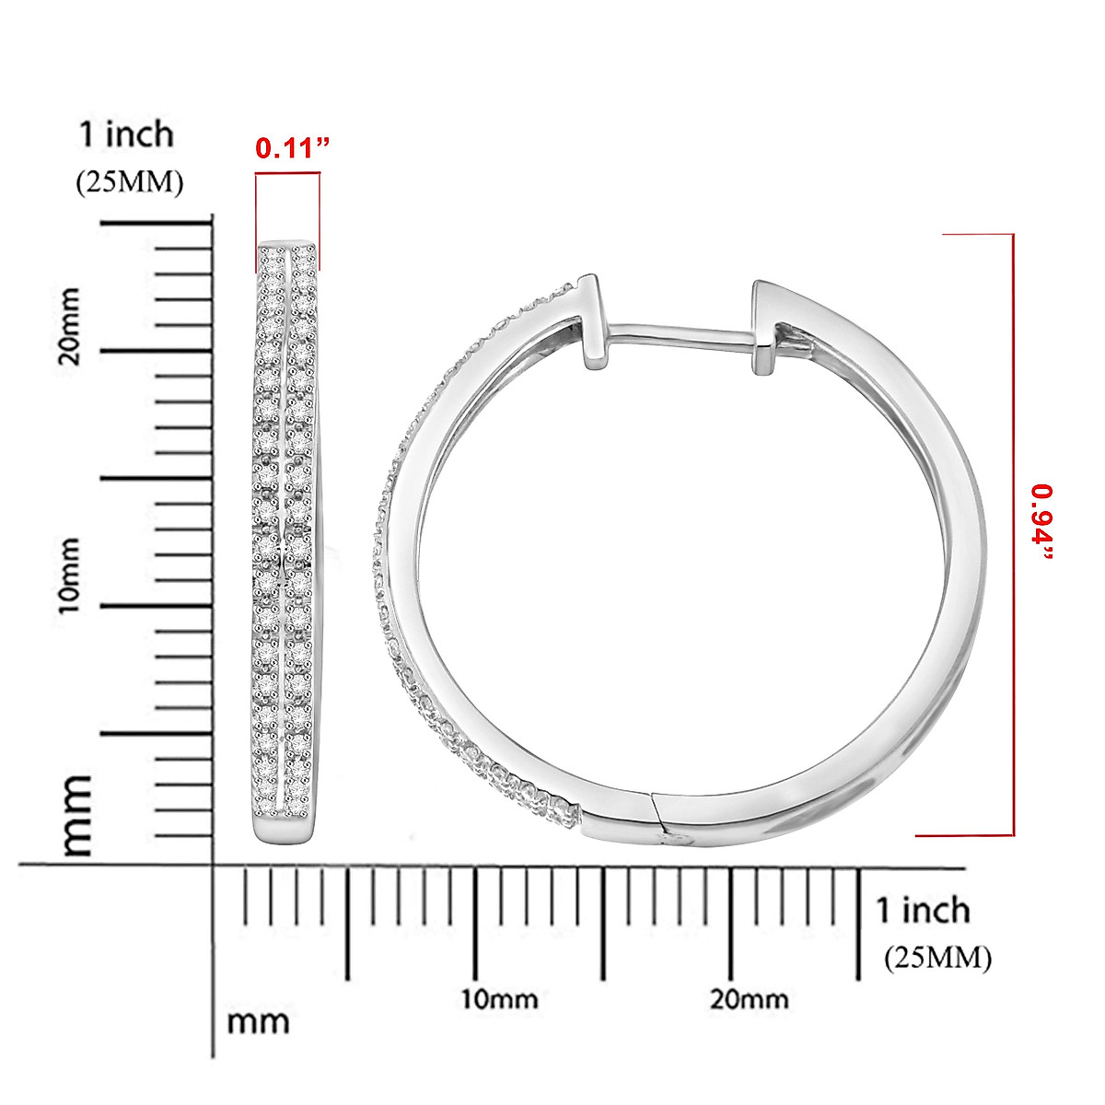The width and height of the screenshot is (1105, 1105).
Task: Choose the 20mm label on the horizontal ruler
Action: click(749, 999)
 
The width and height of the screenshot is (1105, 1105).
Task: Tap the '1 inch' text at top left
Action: click(126, 134)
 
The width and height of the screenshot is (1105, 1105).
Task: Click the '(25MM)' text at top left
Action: click(129, 182)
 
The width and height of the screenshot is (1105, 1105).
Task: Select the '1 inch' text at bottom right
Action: click(923, 910)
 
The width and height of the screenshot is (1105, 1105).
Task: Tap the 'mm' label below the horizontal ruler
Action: click(258, 1021)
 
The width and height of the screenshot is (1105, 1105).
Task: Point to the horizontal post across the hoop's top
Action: click(681, 334)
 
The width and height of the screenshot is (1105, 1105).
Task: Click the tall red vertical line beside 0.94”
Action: click(1013, 534)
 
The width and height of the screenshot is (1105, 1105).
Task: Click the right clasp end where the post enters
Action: click(765, 327)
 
